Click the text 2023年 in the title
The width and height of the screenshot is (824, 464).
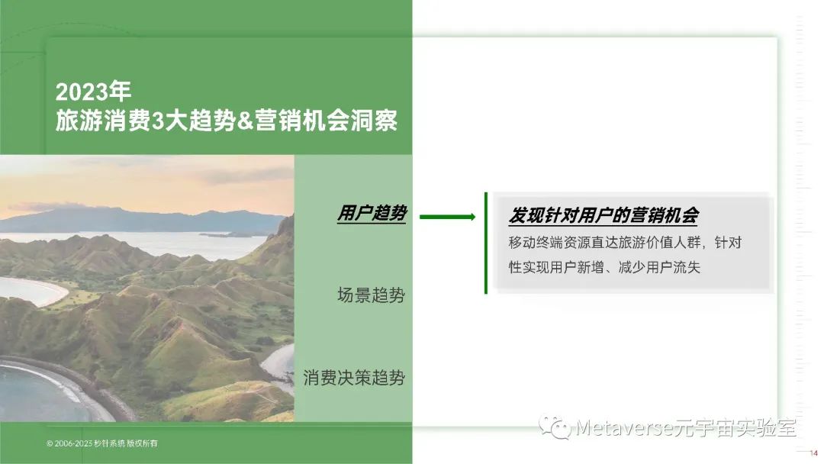93,92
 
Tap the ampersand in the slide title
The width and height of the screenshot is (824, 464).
245,121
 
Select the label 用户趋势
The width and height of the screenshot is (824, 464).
372,214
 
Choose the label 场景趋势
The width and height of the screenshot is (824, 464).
371,295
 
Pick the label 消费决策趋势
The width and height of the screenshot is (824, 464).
354,378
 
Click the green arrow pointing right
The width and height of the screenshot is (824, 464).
448,217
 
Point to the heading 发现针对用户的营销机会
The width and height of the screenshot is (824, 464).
604,215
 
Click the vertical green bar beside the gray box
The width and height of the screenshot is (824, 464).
486,243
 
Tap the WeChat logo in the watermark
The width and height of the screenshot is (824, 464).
555,427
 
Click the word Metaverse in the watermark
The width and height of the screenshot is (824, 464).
625,427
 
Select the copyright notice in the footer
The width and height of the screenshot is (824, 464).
102,443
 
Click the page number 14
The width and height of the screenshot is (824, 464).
814,453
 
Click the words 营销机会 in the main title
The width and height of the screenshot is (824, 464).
302,121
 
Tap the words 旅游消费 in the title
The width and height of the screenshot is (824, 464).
103,121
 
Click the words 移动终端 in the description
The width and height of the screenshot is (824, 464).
536,243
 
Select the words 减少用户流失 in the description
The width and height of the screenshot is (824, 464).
659,267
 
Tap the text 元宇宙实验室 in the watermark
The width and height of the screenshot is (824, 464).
735,427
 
